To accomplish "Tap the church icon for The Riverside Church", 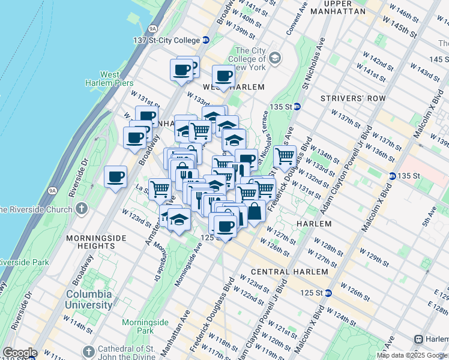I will tap(82, 209).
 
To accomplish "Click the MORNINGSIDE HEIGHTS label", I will tap(97, 242).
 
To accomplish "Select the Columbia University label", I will tap(89, 299).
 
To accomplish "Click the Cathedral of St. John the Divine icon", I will tap(88, 350).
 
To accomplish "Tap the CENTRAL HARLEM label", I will tap(282, 272).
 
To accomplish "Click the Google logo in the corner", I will tap(19, 353).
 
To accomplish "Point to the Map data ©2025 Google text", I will tap(412, 355).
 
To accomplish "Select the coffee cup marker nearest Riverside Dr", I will tap(115, 177).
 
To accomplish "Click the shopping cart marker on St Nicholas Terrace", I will tap(285, 157).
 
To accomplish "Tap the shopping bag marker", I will tap(255, 212).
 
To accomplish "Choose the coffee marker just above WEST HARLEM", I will tap(223, 76).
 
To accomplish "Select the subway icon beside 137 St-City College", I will tap(205, 40).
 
